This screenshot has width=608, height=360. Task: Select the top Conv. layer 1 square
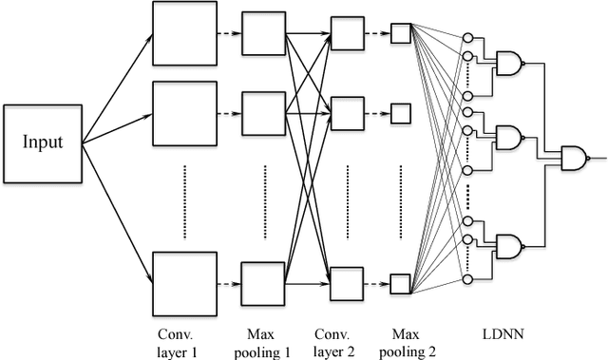pos(179,30)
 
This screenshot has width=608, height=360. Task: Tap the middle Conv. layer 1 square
pos(179,111)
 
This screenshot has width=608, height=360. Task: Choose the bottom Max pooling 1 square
pos(263,282)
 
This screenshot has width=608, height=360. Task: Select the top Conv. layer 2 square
pos(345,33)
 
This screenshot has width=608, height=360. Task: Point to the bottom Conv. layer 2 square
pos(345,282)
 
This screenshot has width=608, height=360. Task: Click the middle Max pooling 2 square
pos(400,114)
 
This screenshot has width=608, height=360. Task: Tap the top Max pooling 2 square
pos(400,33)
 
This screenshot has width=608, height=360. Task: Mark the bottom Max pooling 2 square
pos(400,282)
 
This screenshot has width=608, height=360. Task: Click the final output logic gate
pos(575,158)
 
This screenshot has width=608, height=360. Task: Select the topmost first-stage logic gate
pos(508,64)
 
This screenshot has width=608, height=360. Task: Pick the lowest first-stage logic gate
pos(508,247)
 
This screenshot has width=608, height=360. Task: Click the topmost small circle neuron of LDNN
pos(466,38)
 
